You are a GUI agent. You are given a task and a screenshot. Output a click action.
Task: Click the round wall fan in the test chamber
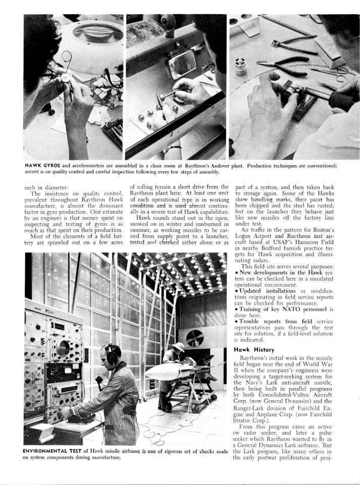point(194,337)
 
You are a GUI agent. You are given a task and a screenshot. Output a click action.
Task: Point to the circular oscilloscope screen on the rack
point(64,348)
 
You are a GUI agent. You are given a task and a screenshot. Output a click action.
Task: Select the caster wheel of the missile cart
point(195,409)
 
